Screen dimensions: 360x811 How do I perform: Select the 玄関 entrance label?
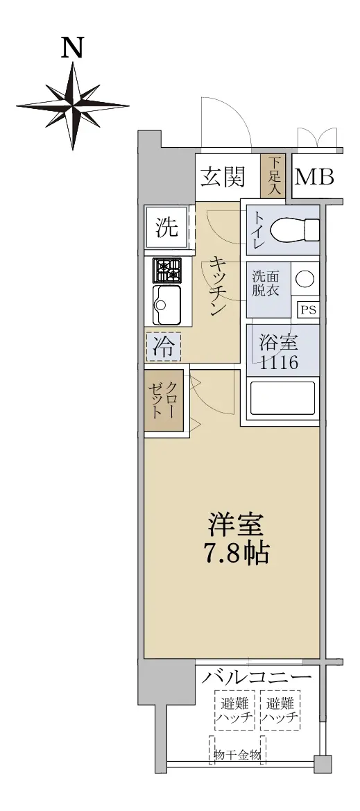tap(223, 178)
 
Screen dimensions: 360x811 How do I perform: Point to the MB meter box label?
tap(314, 178)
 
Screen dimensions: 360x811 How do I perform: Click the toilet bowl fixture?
tap(296, 229)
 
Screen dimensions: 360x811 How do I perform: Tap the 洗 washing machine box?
tap(166, 228)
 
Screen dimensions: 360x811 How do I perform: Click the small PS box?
tap(309, 310)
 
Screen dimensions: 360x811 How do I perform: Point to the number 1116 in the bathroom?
tap(279, 362)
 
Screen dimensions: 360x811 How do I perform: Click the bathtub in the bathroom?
tap(282, 398)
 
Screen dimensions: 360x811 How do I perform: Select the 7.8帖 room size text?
tap(236, 554)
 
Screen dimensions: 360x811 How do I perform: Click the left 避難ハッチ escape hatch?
tap(235, 710)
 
